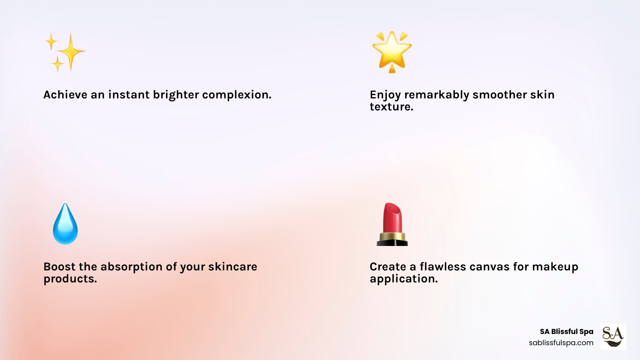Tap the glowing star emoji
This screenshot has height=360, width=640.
(392, 52)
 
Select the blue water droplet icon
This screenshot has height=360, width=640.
(65, 224)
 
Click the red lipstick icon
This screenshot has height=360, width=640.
(392, 224)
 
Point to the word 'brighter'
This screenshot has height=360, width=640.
(176, 95)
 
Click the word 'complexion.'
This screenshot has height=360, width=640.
(237, 95)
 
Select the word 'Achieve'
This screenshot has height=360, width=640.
(65, 94)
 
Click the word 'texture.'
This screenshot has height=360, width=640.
(392, 106)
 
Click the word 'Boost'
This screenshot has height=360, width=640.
(60, 266)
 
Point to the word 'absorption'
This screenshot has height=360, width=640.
(132, 267)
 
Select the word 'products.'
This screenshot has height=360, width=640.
(70, 279)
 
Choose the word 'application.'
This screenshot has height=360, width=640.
(404, 279)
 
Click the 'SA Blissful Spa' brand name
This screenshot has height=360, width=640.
(566, 332)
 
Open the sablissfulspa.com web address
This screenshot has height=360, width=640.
(561, 343)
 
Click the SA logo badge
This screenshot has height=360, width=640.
(613, 336)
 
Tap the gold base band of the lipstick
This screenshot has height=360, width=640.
(392, 236)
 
